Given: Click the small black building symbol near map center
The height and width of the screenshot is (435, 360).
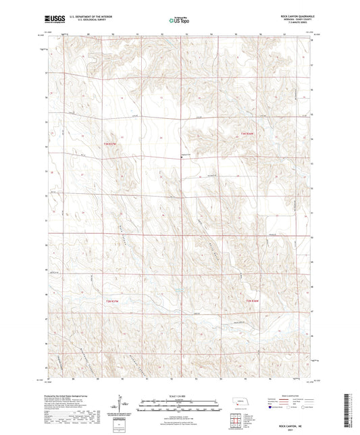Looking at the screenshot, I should click(x=181, y=158).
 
